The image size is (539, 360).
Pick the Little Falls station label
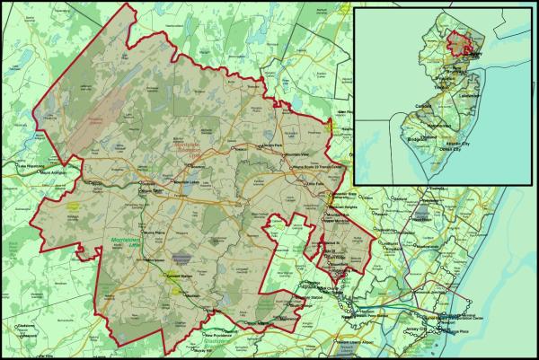tap(315, 185)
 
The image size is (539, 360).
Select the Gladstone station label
tap(25, 325)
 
